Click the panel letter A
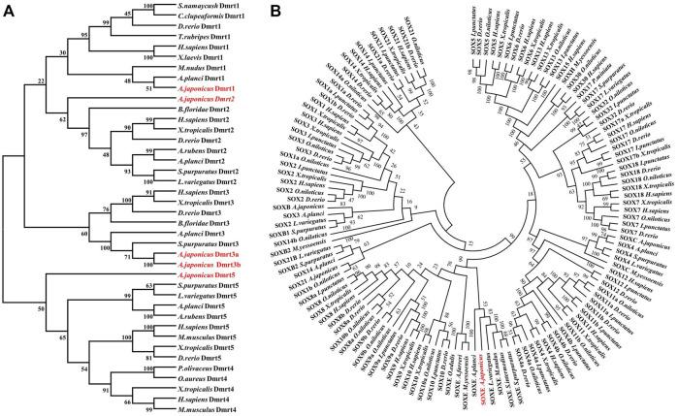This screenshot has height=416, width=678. coord(8,10)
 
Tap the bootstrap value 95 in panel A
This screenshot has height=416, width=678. coord(58,34)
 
